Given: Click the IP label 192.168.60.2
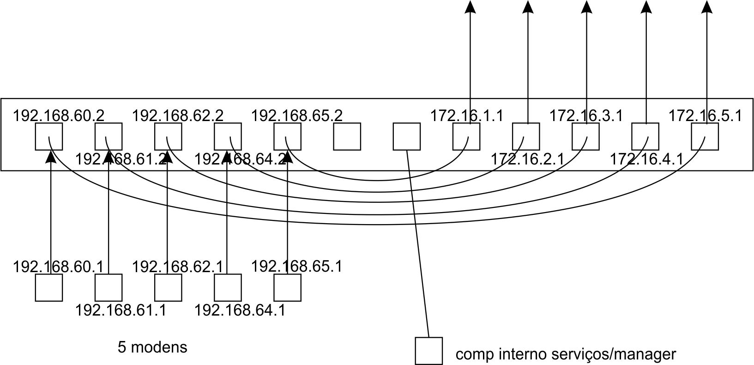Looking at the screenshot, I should coord(59,115).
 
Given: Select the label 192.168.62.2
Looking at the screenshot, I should coord(178,115).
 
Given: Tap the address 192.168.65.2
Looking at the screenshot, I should coord(297,115).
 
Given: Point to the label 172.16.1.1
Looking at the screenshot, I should coord(466,115).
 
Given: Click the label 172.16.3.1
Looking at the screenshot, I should coord(586,115).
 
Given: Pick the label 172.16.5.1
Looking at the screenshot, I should coord(705,115).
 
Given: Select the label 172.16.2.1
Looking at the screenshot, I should coord(527,159).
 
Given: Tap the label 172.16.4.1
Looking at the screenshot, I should coord(646,159).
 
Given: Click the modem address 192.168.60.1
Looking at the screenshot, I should coord(59,267).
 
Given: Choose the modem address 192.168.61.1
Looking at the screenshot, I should coord(121,310).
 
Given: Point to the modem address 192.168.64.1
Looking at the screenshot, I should coord(240,310).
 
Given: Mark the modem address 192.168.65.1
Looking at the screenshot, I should coord(297,267).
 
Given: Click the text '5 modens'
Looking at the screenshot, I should coord(153,347).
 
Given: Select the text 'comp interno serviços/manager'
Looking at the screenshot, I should coord(566,354).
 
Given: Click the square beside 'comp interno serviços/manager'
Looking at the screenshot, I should coord(429,351).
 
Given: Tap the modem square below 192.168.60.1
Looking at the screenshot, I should coord(49,287).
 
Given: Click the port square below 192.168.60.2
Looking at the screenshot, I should coord(49,136).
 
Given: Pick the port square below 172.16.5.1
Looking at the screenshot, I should coord(705,136).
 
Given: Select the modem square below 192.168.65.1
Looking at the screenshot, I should coord(287,287).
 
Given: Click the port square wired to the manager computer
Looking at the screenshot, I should coord(407,136).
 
